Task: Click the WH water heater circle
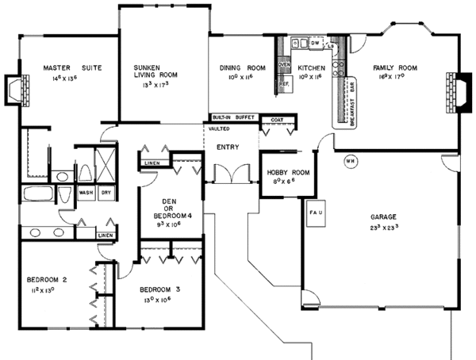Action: [350, 161]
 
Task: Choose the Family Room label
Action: [394, 68]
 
